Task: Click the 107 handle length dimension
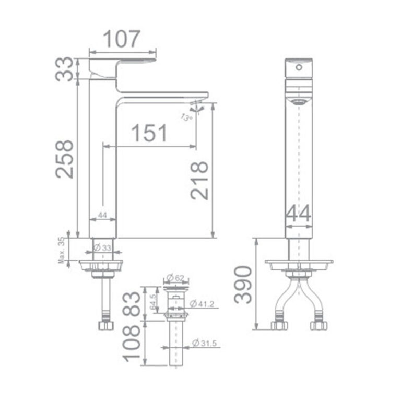pyautogui.click(x=122, y=39)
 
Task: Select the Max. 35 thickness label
pyautogui.click(x=62, y=250)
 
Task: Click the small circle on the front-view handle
pyautogui.click(x=300, y=67)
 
